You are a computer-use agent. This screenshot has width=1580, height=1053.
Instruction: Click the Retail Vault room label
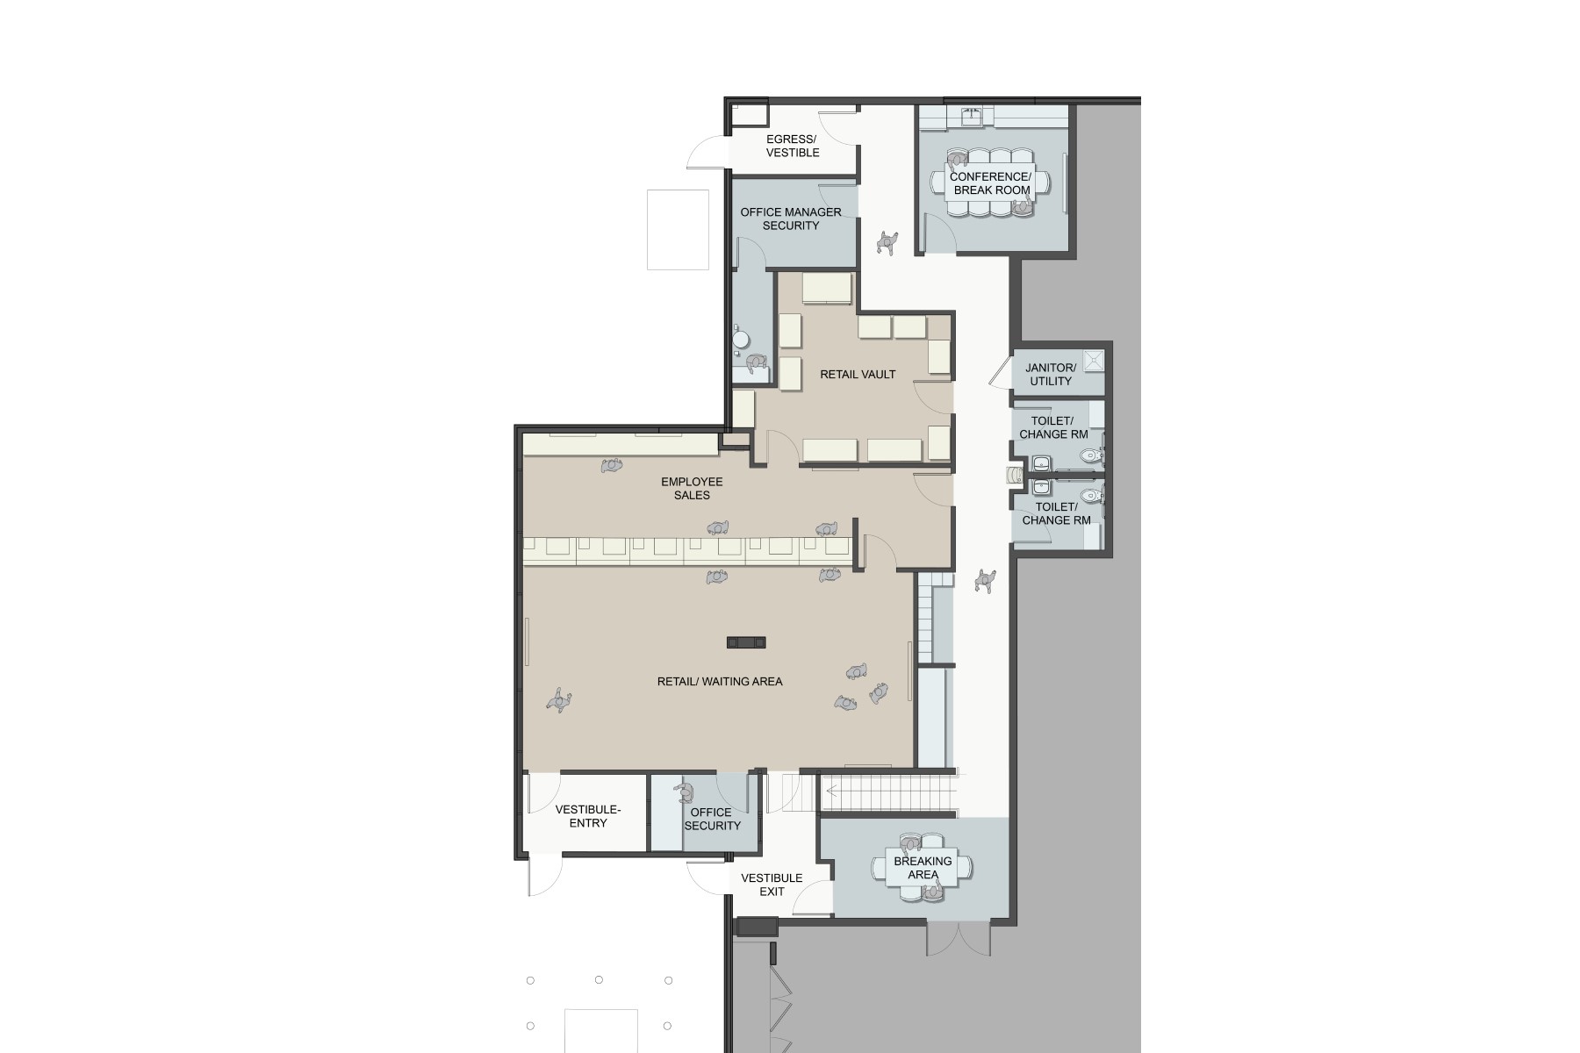point(858,375)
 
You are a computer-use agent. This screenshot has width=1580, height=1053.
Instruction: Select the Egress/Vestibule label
point(793,146)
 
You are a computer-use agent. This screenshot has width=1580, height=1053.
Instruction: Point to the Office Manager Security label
point(791,218)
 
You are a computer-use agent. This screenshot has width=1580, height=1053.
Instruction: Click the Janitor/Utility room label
point(1051,375)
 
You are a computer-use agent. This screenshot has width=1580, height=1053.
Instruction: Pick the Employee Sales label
point(692,488)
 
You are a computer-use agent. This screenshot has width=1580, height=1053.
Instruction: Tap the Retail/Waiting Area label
point(720,681)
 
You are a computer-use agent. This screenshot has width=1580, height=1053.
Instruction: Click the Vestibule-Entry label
point(588,816)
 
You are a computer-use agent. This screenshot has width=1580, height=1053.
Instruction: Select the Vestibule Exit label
point(772,885)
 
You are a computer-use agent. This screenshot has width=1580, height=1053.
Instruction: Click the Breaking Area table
point(923,868)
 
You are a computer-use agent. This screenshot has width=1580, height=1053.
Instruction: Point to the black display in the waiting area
point(746,642)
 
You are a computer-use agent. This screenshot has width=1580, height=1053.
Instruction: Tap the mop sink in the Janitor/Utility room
point(1093,360)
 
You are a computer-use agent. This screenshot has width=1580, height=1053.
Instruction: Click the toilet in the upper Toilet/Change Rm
point(1091,455)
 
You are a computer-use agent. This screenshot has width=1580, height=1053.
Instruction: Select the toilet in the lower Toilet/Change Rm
point(1091,495)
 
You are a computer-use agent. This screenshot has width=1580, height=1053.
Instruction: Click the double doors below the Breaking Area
point(946,938)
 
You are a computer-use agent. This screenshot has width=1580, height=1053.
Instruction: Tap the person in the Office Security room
point(683,793)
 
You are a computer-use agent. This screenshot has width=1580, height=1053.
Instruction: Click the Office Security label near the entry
point(712,819)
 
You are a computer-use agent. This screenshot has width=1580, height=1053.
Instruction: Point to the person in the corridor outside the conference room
point(888,242)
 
